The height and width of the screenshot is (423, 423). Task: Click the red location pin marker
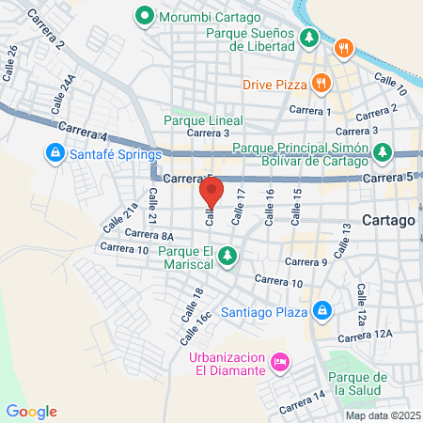click(211, 195)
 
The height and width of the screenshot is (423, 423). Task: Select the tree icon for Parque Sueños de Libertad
click(309, 38)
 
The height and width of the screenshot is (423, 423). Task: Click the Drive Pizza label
click(275, 84)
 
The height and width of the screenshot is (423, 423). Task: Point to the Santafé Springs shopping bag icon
click(55, 152)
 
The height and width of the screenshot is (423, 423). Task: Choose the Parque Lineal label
click(203, 120)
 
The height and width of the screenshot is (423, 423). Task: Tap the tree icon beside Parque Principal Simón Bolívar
click(381, 151)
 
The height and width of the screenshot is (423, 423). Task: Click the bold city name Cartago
click(388, 220)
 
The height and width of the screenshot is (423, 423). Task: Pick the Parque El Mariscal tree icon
click(227, 254)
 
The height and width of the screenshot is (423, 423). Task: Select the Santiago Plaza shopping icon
click(321, 308)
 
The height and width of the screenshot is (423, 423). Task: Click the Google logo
click(31, 411)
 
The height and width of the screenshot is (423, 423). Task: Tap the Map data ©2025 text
click(382, 415)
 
